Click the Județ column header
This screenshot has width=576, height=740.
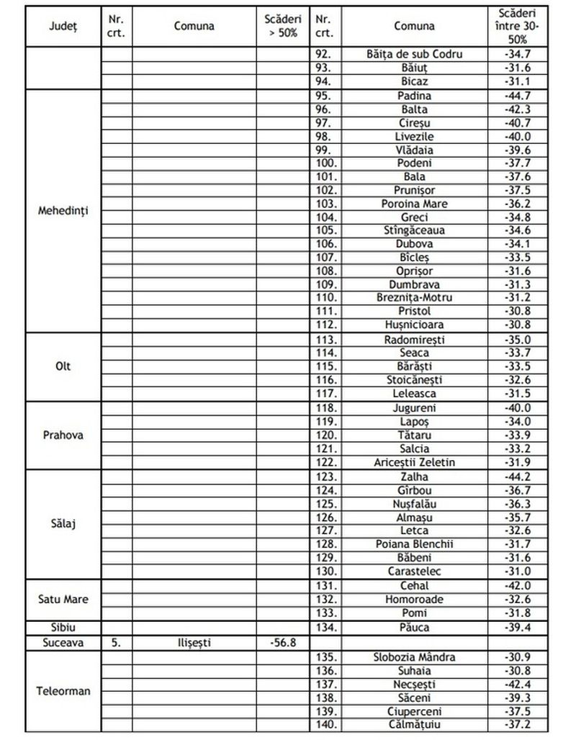(63, 26)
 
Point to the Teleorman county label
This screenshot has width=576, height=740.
(63, 691)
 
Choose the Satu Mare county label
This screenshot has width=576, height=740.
(63, 600)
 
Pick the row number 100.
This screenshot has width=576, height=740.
(325, 163)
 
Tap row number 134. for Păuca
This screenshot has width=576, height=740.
(325, 628)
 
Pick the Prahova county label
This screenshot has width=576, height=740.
(63, 436)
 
